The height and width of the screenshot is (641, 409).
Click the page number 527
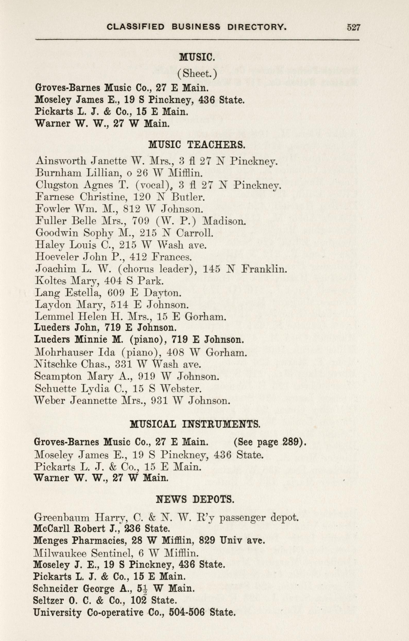pos(353,27)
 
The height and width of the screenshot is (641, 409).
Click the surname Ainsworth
pos(61,161)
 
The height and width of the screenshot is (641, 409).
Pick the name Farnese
pos(55,197)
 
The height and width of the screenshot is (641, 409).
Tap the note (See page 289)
pos(270,442)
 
